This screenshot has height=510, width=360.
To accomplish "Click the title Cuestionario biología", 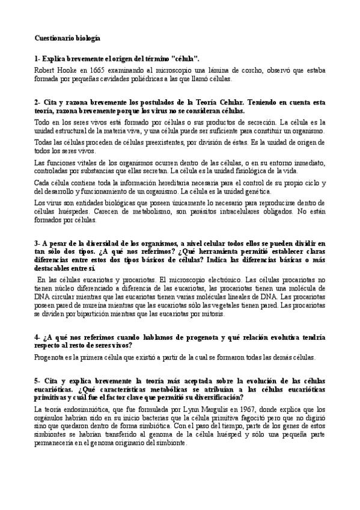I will [x=67, y=38].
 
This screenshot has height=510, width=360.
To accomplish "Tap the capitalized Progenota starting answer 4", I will [x=50, y=356].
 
